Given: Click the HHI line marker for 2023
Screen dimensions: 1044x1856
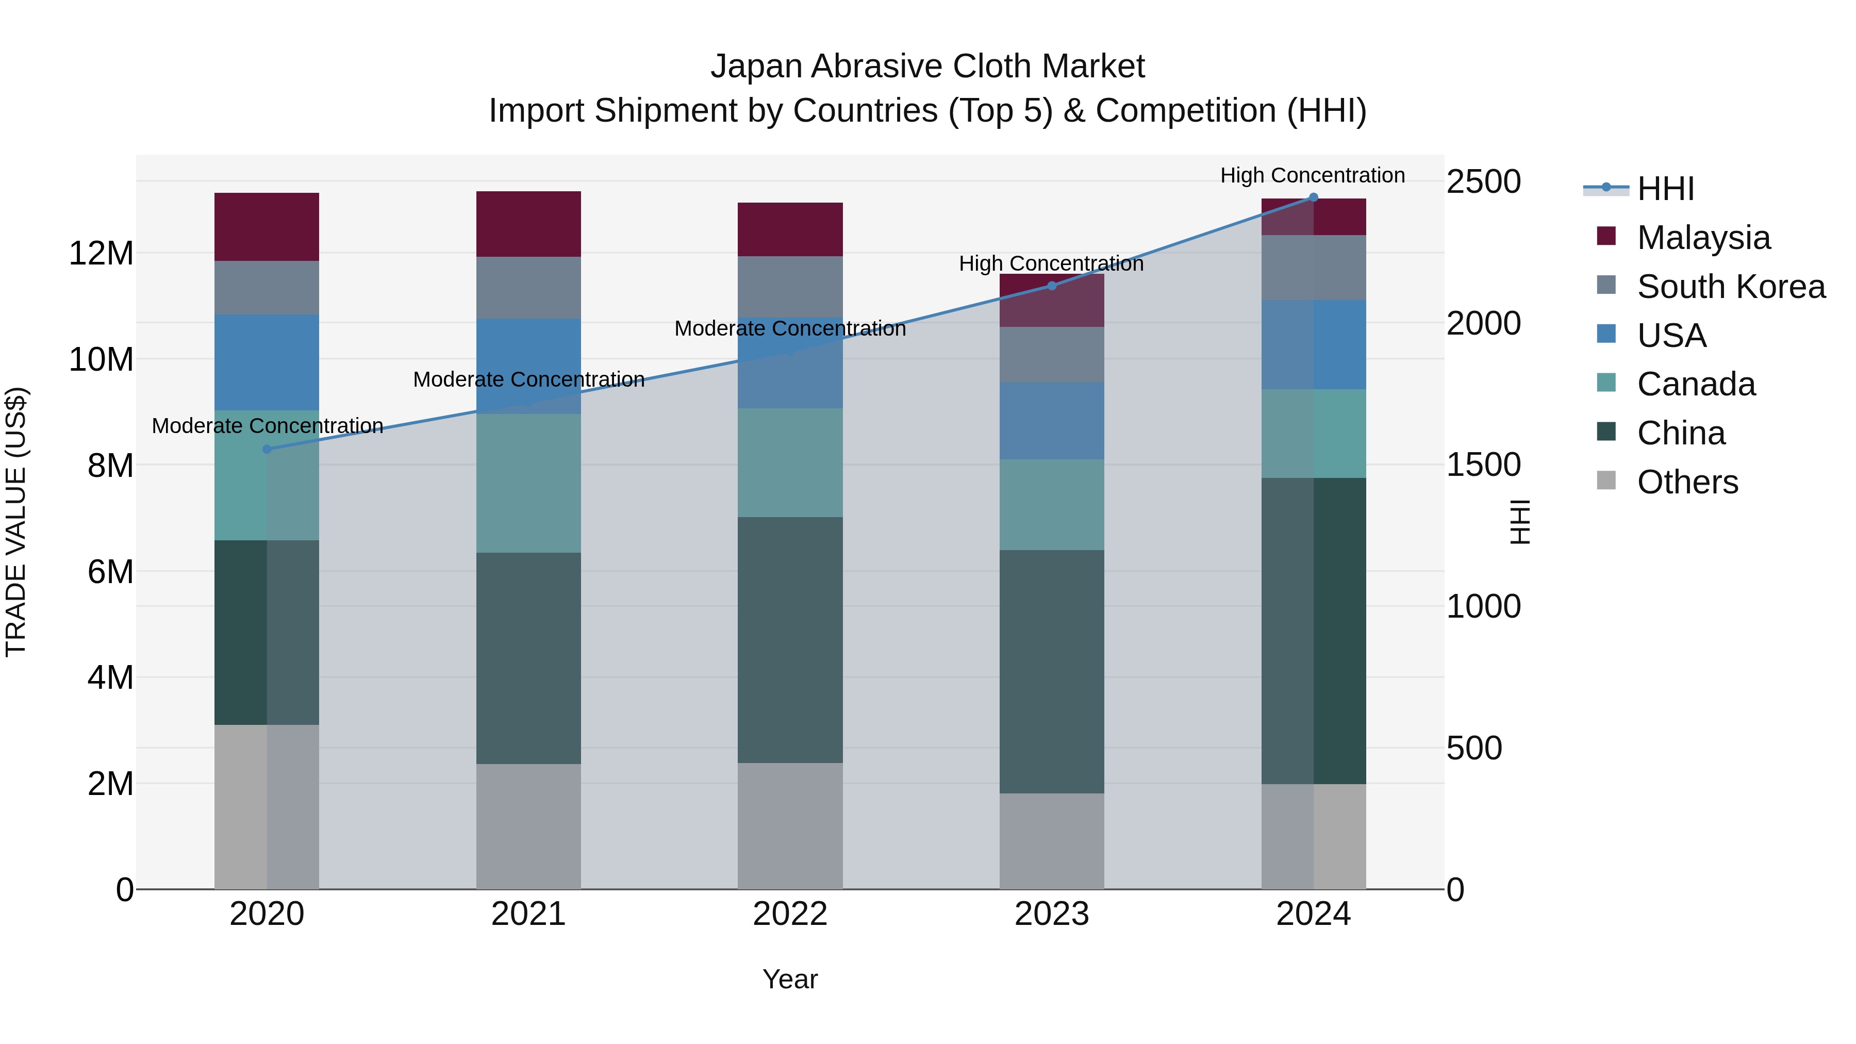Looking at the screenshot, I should (x=1051, y=286).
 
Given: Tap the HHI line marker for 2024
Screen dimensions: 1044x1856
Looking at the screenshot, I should (x=1313, y=197).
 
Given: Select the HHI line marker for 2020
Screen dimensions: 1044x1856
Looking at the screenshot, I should (x=267, y=449).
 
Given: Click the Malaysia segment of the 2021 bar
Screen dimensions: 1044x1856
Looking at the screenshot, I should (x=528, y=224).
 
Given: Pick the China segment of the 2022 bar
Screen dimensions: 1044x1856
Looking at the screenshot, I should (x=790, y=640).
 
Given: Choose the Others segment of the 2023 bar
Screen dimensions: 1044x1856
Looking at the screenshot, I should (x=1051, y=841).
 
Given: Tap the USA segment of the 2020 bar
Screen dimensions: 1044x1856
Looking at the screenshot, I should (x=267, y=362).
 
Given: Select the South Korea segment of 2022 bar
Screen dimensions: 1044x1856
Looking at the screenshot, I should (x=790, y=287).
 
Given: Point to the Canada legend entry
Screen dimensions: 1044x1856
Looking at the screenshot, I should (x=1695, y=384).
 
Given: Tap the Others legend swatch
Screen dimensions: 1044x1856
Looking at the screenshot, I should (x=1606, y=480).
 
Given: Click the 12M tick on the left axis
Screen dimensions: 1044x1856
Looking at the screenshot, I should (x=101, y=254).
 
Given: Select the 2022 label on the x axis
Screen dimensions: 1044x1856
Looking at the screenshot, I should (x=790, y=914).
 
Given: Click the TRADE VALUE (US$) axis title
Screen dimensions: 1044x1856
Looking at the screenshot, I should (x=16, y=522).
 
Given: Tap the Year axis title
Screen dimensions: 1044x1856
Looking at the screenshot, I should (x=790, y=979).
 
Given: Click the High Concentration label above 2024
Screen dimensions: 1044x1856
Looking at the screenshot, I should (x=1312, y=175).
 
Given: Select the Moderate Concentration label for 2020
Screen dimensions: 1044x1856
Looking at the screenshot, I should (x=267, y=426).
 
